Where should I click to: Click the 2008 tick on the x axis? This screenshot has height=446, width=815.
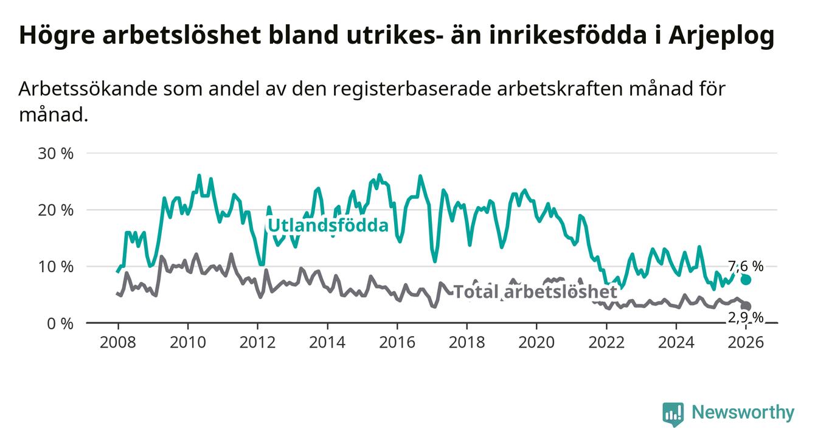[x=117, y=342]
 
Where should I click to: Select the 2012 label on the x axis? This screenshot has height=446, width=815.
[x=257, y=342]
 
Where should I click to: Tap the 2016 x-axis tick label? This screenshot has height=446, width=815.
[x=397, y=342]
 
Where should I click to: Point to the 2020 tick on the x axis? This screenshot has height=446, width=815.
[x=537, y=342]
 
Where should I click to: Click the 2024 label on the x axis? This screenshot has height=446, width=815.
[x=677, y=342]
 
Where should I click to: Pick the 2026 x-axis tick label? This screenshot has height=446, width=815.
[x=746, y=342]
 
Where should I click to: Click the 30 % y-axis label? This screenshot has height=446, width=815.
[x=55, y=153]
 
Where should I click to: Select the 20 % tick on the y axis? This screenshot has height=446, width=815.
[x=55, y=210]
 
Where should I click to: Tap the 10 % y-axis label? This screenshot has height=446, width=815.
[x=55, y=266]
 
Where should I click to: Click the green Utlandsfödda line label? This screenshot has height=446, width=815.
[x=328, y=226]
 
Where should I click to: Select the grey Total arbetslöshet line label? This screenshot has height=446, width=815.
[x=535, y=292]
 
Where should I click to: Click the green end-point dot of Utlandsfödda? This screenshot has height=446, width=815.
[x=746, y=280]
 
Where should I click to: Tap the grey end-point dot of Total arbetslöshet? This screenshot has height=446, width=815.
[x=746, y=306]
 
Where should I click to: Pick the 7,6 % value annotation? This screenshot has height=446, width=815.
[x=746, y=266]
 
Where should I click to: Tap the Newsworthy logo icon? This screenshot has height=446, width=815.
[x=673, y=414]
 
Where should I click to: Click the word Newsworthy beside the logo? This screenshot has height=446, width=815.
[x=743, y=413]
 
